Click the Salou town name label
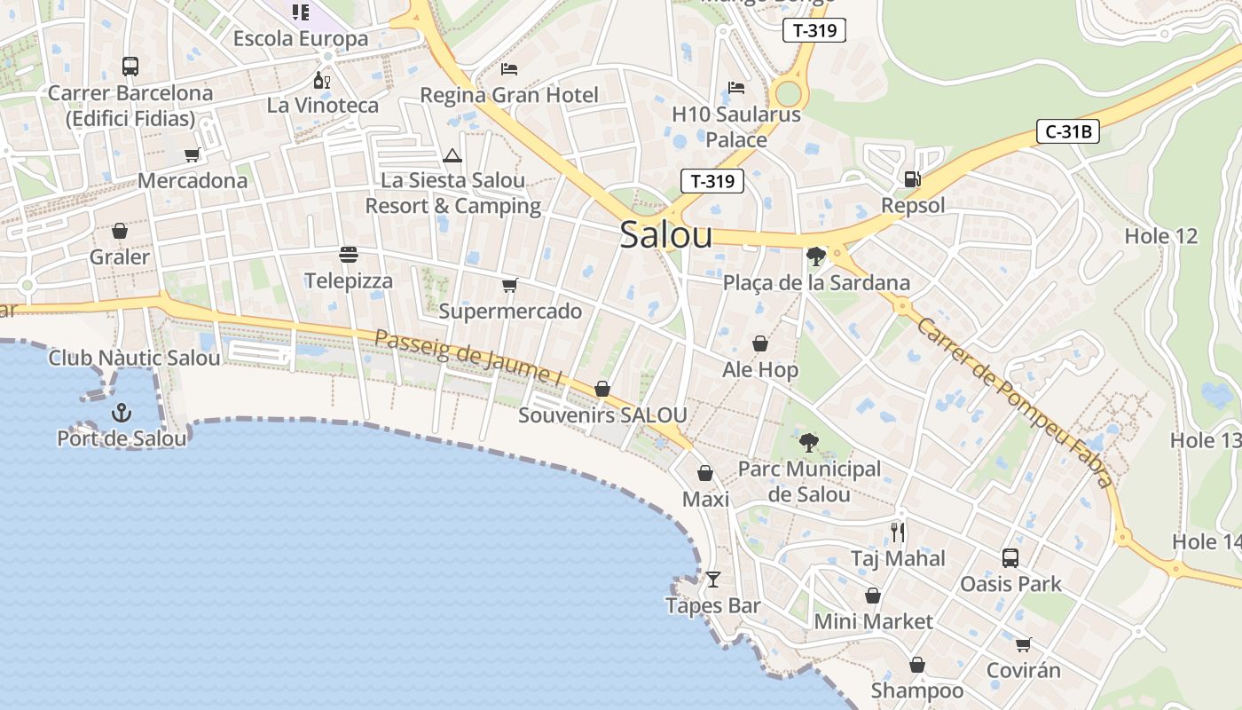coord(665,235)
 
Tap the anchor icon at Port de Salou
coord(122,413)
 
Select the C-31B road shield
coord(1068,132)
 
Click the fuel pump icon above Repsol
coord(912,179)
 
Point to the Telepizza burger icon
coord(348,256)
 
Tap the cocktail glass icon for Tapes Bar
coord(713,580)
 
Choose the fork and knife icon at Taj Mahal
coord(898,532)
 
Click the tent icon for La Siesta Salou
coord(452,156)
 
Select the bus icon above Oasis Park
coord(1010,558)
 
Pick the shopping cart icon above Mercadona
coord(192,155)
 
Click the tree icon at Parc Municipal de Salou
coord(808,443)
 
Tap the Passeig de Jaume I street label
coord(469,358)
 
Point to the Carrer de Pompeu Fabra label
coord(1014,403)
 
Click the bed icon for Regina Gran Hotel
coord(509,68)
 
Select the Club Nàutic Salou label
coord(134,359)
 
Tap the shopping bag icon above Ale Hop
coord(760,343)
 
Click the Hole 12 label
coord(1160,236)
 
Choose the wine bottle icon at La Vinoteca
coord(322,81)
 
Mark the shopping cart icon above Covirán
coord(1024,644)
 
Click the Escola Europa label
coord(301,39)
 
